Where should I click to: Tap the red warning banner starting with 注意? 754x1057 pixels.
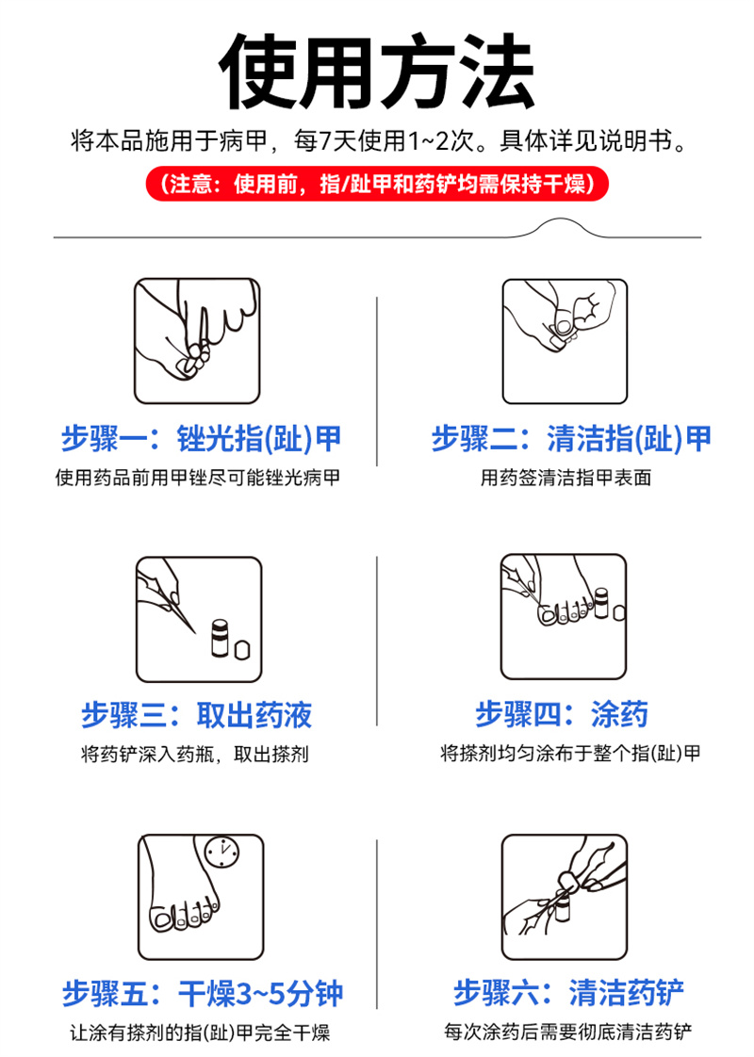click(x=377, y=184)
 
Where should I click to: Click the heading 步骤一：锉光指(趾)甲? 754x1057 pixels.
click(x=201, y=439)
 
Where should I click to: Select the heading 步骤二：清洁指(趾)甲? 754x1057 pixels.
click(x=570, y=439)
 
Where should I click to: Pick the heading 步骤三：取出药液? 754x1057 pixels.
click(x=197, y=715)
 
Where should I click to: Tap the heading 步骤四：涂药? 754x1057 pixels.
click(x=562, y=714)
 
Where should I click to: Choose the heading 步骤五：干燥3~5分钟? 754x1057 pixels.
click(x=203, y=994)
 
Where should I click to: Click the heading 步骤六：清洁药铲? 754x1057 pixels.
click(x=568, y=993)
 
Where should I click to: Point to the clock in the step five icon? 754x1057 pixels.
click(x=221, y=852)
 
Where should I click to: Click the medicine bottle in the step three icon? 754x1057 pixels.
click(x=221, y=639)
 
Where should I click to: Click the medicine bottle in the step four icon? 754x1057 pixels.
click(x=601, y=603)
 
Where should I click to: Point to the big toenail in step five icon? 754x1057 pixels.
click(x=162, y=919)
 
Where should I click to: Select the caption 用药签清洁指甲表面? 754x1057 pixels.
click(x=565, y=478)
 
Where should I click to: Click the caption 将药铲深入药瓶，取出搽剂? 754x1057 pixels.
click(x=195, y=754)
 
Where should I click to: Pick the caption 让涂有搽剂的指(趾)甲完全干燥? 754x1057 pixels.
click(x=201, y=1033)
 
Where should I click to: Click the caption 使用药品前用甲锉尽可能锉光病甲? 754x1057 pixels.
click(x=198, y=478)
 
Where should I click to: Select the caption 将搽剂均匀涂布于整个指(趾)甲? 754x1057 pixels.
click(x=570, y=753)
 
